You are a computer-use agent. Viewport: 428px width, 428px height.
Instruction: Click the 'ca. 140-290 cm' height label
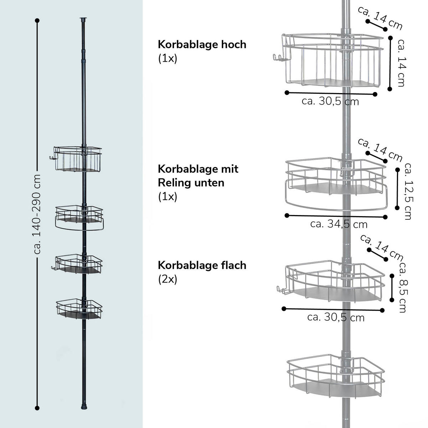[x=37, y=214]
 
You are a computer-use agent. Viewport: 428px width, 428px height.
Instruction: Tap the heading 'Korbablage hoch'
[x=202, y=45]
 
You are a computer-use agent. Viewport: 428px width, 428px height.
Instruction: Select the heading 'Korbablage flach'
[x=202, y=265]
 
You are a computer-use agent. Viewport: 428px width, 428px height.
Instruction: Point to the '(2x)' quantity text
[x=167, y=279]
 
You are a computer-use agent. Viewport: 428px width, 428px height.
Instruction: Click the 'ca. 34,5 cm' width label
[x=338, y=224]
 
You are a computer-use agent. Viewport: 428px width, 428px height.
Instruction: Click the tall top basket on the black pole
[x=77, y=159]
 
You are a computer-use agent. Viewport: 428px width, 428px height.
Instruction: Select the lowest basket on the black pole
[x=79, y=309]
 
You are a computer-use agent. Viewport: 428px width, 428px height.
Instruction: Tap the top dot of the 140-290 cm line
[x=37, y=21]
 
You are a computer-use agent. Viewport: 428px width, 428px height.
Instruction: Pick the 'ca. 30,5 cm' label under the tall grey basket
[x=330, y=101]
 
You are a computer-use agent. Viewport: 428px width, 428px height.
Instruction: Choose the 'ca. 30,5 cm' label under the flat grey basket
[x=336, y=317]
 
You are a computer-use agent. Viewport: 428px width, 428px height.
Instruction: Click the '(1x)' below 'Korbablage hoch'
[x=167, y=59]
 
